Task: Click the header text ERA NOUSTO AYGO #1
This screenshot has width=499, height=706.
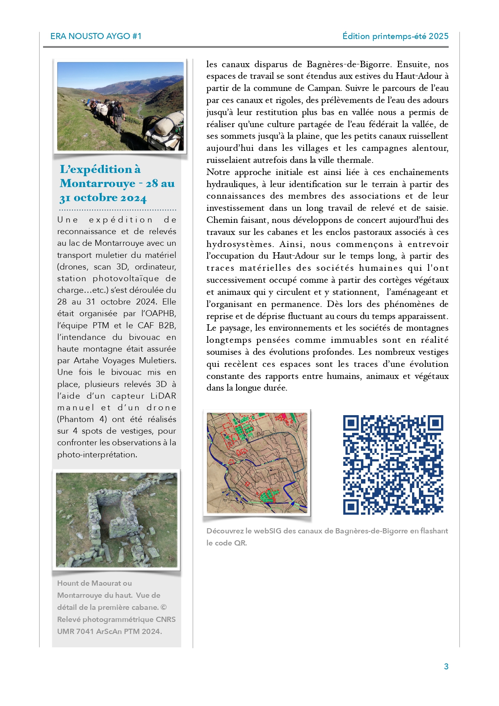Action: (96, 36)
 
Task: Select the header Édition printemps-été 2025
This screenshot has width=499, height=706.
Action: (395, 36)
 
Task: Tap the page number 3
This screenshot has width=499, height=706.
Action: (446, 667)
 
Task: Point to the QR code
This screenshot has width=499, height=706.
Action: (393, 465)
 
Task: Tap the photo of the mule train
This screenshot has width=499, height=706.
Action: (120, 107)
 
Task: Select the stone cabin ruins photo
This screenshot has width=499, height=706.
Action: (116, 520)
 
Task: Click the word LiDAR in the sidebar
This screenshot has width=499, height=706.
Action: (163, 396)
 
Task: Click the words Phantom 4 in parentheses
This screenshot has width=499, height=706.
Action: (82, 419)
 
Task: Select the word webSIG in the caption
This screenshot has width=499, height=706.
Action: (267, 531)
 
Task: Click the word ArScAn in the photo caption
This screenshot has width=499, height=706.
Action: (109, 631)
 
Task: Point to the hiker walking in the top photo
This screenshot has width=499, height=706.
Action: (118, 117)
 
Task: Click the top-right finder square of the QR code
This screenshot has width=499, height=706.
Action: (435, 423)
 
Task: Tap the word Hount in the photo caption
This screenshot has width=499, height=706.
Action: (68, 583)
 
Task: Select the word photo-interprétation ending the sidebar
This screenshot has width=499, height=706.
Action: (97, 455)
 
